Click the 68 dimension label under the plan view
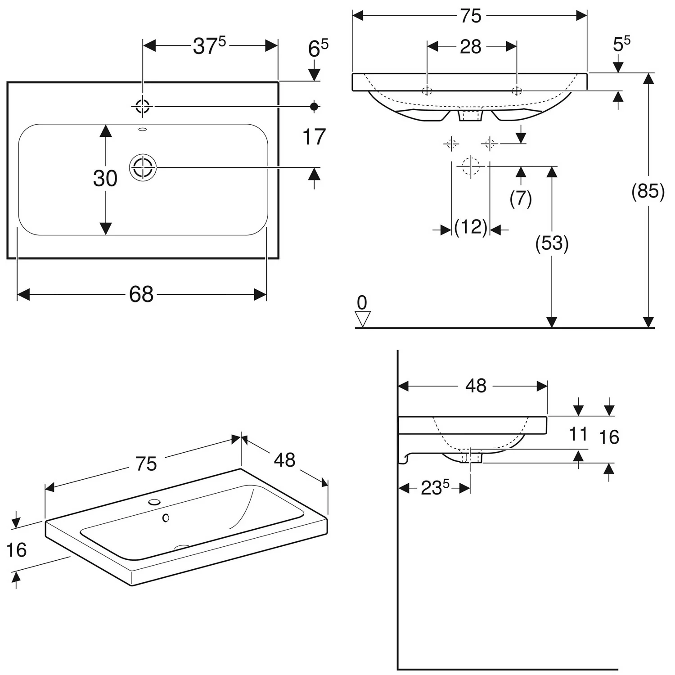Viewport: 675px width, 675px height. tap(141, 295)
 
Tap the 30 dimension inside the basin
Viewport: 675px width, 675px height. tap(105, 179)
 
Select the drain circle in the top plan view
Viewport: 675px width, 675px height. tap(143, 167)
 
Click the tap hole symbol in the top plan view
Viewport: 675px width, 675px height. tap(143, 107)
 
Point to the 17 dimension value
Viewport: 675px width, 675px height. tap(314, 137)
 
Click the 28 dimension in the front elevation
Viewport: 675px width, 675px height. tap(471, 47)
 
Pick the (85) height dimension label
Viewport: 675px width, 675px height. tap(648, 191)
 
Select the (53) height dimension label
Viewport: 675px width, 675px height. tap(552, 243)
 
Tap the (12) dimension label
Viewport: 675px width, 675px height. tap(471, 227)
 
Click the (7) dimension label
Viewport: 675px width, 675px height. tap(521, 198)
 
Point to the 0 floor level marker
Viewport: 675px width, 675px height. tap(362, 303)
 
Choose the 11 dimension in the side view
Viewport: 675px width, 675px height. tap(578, 435)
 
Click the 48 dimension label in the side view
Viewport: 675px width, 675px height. tap(476, 386)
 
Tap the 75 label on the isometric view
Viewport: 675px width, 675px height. tap(146, 464)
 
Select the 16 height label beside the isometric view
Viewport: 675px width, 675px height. tap(16, 550)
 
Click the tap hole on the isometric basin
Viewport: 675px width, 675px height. tap(155, 501)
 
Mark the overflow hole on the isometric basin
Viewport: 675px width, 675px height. tap(166, 518)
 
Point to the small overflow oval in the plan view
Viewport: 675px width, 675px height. tap(143, 130)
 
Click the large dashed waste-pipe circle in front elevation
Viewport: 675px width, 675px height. tap(471, 166)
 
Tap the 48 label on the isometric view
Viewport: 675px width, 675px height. tap(284, 460)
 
